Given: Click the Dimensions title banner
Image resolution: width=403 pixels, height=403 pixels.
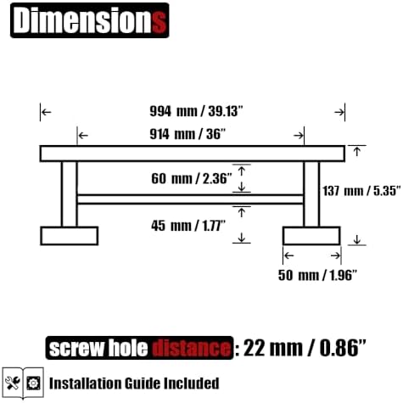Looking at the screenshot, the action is pos(90,20).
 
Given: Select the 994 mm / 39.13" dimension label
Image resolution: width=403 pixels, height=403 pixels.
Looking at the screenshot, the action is pos(196,111).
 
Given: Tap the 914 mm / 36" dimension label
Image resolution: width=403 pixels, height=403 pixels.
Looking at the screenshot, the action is pos(188,134).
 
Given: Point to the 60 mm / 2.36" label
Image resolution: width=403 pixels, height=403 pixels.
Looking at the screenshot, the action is pos(192,178).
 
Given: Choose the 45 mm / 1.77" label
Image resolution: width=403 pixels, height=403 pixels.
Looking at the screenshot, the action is pos(188,226).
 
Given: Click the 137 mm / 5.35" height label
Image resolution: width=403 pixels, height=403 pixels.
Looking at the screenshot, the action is pos(362,191).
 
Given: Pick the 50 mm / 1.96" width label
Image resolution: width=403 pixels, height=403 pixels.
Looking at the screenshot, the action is pos(317,275).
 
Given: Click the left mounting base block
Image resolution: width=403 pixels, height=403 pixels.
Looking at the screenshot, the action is pos(70,236).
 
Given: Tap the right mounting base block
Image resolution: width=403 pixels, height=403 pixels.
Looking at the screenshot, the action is pos(311,236).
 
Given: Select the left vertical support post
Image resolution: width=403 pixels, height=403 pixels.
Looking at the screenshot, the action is pos(70,194).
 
